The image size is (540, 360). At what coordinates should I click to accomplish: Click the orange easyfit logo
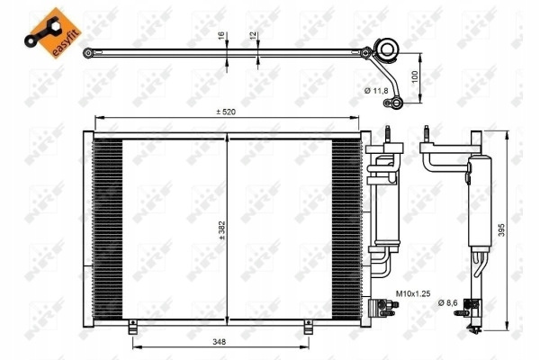(x=53, y=32)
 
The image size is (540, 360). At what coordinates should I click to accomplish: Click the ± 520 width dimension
(x=226, y=112)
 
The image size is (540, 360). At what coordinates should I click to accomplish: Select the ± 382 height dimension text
(x=222, y=230)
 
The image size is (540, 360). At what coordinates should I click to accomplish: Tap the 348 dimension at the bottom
(x=219, y=342)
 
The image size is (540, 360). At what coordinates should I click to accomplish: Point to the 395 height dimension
(x=501, y=229)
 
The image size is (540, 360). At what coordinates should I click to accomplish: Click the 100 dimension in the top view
(x=415, y=76)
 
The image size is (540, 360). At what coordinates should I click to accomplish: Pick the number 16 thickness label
(x=221, y=35)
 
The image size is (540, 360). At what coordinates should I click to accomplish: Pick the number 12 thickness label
(x=253, y=35)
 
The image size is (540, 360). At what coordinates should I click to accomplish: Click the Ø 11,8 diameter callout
(x=376, y=91)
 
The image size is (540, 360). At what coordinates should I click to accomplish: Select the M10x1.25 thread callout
(x=413, y=293)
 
